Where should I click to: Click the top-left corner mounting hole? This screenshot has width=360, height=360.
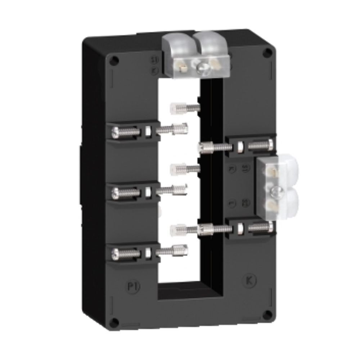click(x=114, y=60)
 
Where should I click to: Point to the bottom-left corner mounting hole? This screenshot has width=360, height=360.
click(x=114, y=322)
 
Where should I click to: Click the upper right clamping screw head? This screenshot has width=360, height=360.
click(x=270, y=145)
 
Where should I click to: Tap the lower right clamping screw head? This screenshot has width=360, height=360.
click(x=270, y=226)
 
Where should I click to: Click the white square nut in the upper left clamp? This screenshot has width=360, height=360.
click(x=148, y=131)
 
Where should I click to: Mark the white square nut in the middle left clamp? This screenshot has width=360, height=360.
click(x=148, y=192)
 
